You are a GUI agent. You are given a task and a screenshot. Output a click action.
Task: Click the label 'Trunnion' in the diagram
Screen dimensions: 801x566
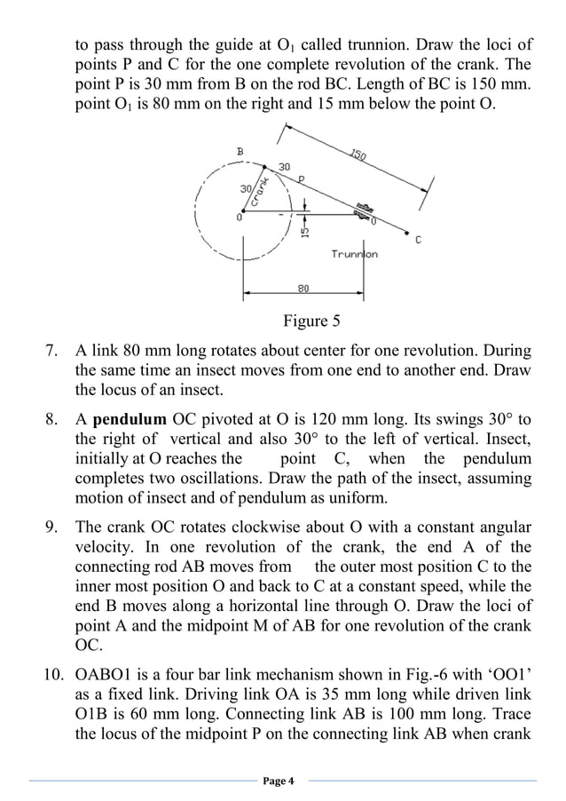pyautogui.click(x=354, y=254)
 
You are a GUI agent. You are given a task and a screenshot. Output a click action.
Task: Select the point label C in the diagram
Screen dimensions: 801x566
pyautogui.click(x=417, y=240)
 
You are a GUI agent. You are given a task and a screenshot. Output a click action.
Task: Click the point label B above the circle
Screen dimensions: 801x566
pyautogui.click(x=239, y=152)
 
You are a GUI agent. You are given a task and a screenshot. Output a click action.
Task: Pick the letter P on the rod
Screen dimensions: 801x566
pyautogui.click(x=301, y=179)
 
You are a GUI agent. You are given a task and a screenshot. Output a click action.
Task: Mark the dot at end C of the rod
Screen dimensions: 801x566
pyautogui.click(x=406, y=234)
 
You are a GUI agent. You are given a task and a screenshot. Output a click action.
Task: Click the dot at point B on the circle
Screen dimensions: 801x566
pyautogui.click(x=264, y=164)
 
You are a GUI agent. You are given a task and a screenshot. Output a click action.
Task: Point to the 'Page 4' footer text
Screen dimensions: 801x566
pyautogui.click(x=282, y=781)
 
